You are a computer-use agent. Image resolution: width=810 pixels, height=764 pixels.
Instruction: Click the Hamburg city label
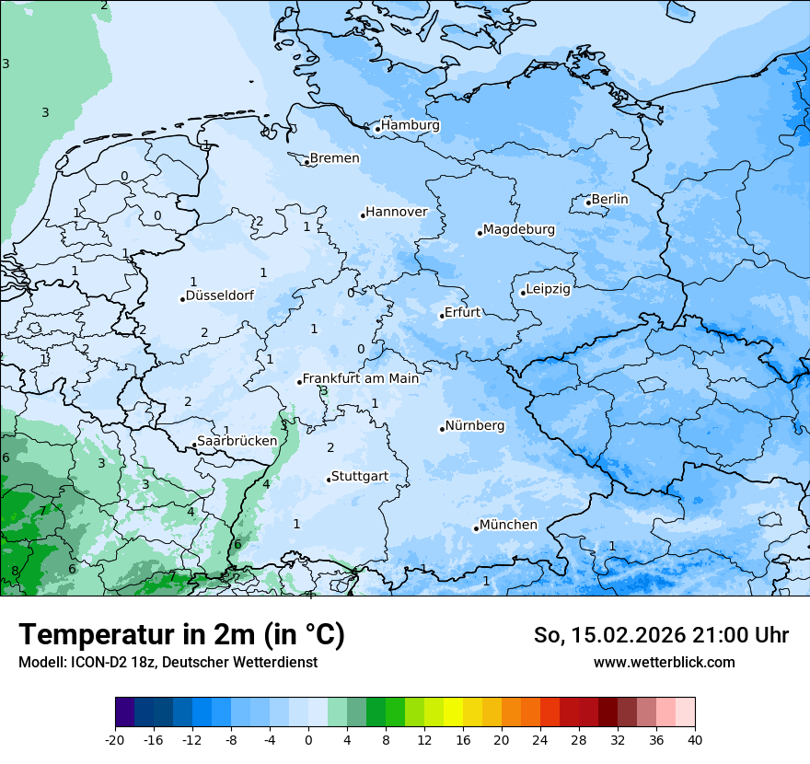[411, 125]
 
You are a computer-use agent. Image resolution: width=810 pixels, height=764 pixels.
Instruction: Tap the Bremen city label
[334, 158]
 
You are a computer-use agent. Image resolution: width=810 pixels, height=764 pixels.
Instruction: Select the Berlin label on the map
[609, 199]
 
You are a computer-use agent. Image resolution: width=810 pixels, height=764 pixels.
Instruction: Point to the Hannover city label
[397, 212]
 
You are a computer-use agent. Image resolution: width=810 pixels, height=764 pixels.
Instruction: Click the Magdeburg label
[518, 229]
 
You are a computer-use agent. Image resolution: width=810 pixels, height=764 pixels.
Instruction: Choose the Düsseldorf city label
[220, 295]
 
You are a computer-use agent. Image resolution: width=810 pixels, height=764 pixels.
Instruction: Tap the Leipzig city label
[548, 289]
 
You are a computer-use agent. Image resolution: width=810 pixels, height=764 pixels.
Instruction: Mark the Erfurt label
[462, 312]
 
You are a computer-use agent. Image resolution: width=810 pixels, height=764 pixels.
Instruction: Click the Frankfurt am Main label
[361, 378]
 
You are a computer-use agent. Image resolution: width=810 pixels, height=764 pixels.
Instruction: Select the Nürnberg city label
[475, 425]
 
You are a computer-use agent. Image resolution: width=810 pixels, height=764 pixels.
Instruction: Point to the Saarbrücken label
[237, 441]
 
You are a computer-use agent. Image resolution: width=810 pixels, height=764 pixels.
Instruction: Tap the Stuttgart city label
[359, 476]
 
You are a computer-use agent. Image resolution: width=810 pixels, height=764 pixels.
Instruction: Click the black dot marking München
[476, 528]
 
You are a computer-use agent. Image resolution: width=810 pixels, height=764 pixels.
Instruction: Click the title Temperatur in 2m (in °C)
[182, 634]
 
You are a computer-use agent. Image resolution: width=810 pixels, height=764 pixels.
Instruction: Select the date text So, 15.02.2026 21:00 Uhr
[661, 635]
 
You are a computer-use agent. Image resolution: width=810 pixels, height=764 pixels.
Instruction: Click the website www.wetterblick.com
[664, 662]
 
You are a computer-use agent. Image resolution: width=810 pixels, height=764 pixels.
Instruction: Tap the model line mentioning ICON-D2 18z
[168, 662]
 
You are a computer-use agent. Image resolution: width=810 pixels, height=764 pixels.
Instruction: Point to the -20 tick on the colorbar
[115, 739]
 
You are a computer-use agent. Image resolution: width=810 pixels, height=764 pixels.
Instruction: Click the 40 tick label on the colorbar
[695, 739]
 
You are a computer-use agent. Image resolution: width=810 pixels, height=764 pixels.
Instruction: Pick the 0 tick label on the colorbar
[308, 739]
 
